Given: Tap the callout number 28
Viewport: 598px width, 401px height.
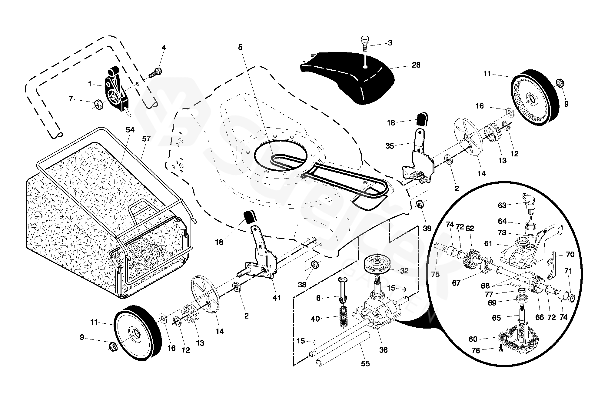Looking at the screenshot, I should click(416, 65).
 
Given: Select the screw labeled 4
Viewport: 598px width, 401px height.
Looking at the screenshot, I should click(156, 72).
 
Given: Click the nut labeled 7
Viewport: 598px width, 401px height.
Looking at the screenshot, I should click(98, 104).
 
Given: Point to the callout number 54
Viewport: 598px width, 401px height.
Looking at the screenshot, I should click(130, 130).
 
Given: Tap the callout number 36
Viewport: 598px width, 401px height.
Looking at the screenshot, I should click(383, 350).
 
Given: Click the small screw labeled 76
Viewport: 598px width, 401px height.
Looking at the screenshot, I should click(500, 349).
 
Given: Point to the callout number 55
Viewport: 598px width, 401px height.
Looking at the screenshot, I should click(365, 363).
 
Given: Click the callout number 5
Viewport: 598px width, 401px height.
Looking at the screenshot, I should click(240, 47).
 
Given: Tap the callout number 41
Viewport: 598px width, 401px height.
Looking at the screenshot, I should click(277, 298).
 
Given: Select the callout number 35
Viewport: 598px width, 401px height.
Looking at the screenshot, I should click(390, 146).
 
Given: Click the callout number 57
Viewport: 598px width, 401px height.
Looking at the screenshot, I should click(146, 139).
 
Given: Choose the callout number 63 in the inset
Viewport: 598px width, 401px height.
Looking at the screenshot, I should click(502, 206).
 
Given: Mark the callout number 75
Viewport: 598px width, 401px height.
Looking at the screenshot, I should click(435, 274).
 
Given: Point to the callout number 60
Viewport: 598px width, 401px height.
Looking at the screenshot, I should click(473, 339).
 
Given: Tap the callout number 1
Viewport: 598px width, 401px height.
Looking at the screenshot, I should click(90, 84).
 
